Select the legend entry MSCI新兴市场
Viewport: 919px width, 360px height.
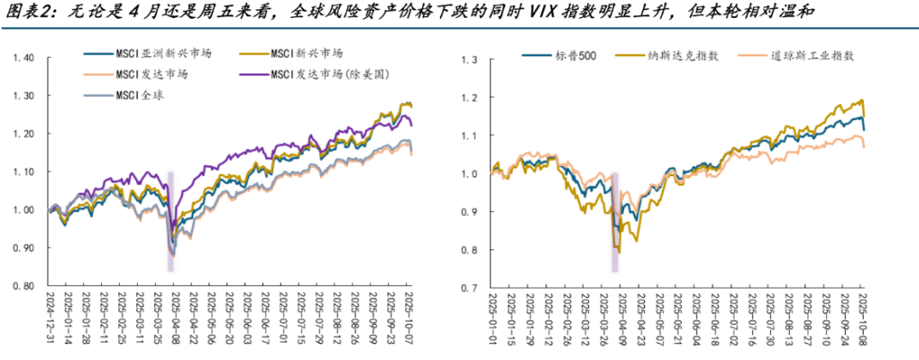point(299,53)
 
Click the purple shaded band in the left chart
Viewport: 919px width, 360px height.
point(170,221)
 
